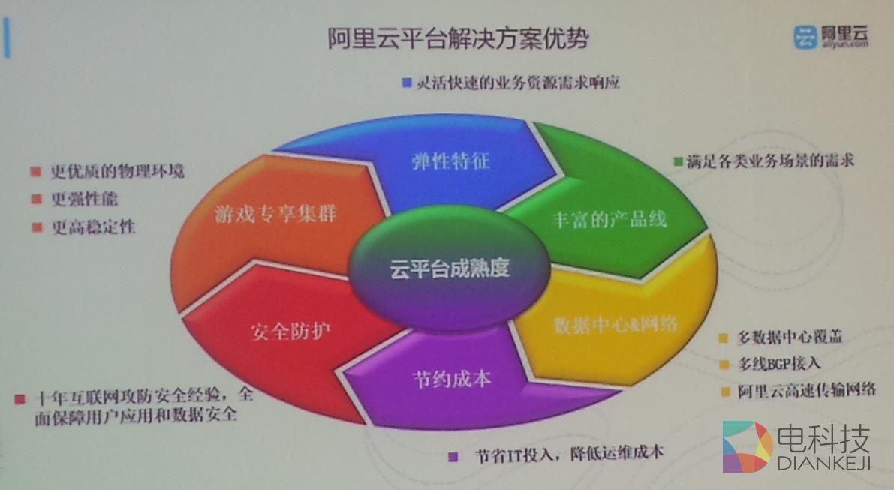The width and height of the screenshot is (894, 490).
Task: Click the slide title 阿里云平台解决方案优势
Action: (x=458, y=38)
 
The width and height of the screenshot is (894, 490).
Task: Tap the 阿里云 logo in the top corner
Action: (x=832, y=36)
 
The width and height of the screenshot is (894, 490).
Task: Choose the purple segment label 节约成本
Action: (x=452, y=378)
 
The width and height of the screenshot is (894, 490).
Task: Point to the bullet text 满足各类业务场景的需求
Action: (x=770, y=161)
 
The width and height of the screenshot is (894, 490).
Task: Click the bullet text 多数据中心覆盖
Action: (x=790, y=337)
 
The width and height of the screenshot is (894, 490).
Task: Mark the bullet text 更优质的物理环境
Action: (x=117, y=171)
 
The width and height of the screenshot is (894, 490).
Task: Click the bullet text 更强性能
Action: (x=84, y=200)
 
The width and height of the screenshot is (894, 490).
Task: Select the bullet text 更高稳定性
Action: (x=93, y=227)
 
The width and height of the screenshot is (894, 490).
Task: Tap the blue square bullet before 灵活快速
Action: (x=408, y=83)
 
